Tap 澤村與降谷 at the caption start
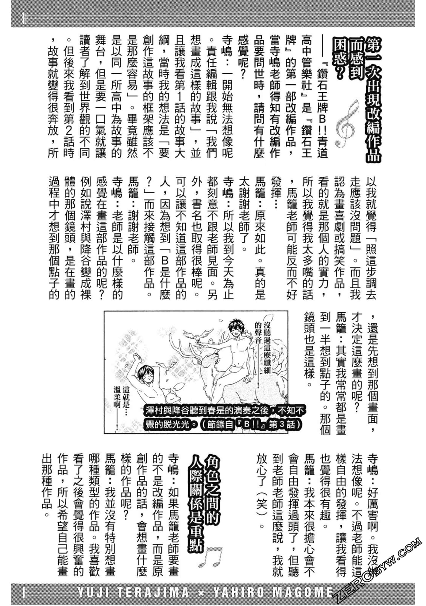pyautogui.click(x=164, y=411)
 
